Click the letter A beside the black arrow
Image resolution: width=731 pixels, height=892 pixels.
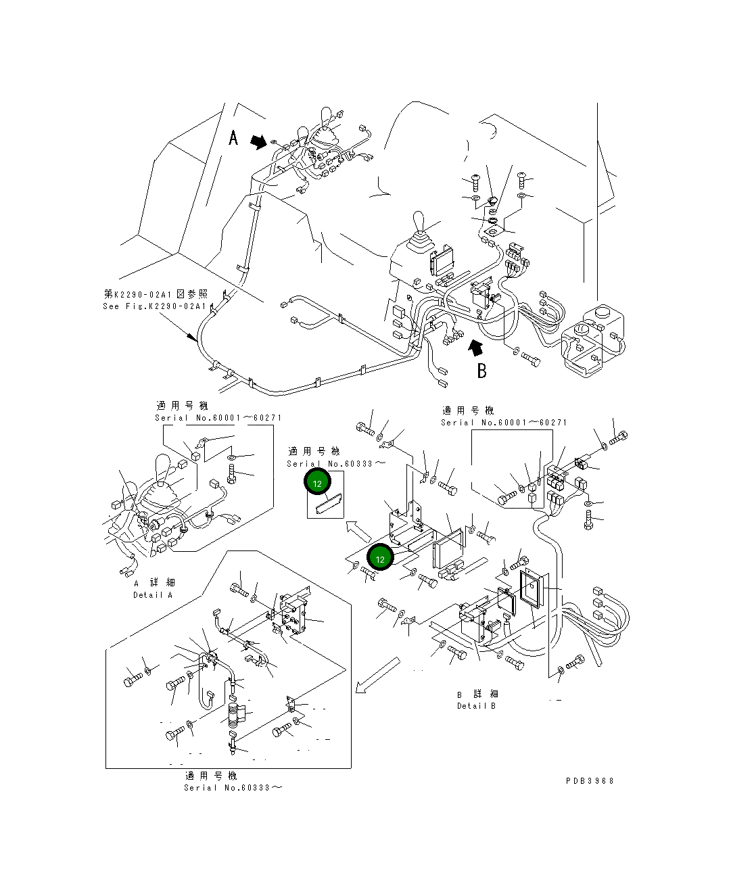pyautogui.click(x=233, y=138)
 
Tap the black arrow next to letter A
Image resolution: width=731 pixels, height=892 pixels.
pyautogui.click(x=258, y=141)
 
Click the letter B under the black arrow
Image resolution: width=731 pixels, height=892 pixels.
pyautogui.click(x=481, y=370)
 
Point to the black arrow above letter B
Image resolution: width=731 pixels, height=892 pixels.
pyautogui.click(x=476, y=347)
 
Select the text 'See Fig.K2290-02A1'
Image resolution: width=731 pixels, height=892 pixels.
pyautogui.click(x=154, y=306)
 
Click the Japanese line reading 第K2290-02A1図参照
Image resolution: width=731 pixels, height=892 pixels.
pyautogui.click(x=156, y=294)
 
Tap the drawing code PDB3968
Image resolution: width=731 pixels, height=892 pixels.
pyautogui.click(x=590, y=780)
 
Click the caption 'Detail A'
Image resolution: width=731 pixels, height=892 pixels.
pyautogui.click(x=152, y=595)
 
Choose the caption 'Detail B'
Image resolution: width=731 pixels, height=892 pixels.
pyautogui.click(x=476, y=706)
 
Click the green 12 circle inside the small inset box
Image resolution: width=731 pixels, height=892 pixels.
pyautogui.click(x=318, y=483)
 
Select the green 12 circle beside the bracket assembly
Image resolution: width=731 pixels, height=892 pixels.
pyautogui.click(x=380, y=559)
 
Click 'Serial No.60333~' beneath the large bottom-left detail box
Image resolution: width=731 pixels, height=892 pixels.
pyautogui.click(x=233, y=787)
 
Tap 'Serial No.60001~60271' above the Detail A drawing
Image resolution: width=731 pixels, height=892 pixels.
pyautogui.click(x=218, y=418)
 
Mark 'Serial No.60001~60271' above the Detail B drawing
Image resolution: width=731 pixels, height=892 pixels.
pyautogui.click(x=504, y=423)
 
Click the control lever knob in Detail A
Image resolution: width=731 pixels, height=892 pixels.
pyautogui.click(x=163, y=468)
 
